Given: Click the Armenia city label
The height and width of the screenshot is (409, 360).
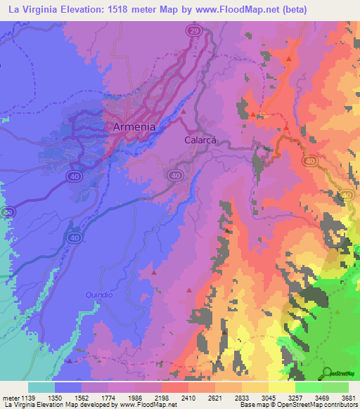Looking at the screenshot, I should click(134, 127).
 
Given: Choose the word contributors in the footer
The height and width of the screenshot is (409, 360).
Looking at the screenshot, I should click(339, 405).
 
